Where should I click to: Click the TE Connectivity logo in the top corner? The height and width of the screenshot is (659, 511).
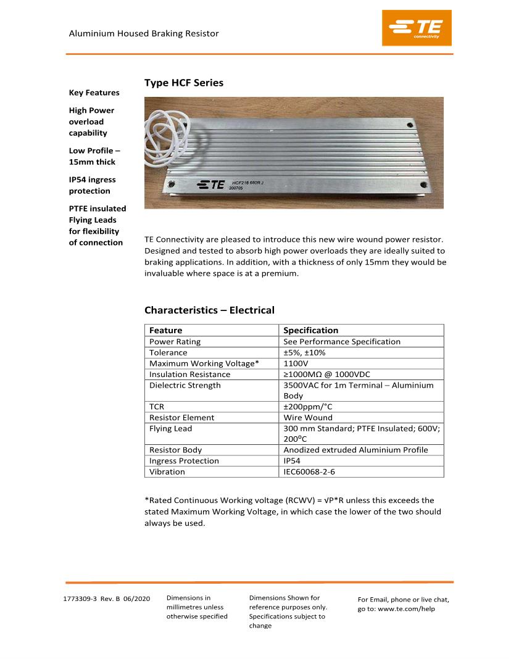[417, 28]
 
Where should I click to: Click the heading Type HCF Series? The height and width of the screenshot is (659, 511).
[184, 83]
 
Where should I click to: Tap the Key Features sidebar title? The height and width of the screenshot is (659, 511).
[94, 93]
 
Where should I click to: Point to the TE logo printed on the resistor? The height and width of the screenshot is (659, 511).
[210, 184]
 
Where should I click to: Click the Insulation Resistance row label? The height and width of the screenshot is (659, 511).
[189, 375]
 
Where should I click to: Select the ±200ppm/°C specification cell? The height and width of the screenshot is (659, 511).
[307, 407]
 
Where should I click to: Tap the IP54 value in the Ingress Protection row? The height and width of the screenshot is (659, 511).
[293, 461]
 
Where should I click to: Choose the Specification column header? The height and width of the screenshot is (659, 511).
[310, 330]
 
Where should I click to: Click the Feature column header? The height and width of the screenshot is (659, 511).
[165, 330]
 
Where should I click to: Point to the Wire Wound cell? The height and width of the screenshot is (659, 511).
[307, 418]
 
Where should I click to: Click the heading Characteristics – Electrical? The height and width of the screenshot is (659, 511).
[209, 310]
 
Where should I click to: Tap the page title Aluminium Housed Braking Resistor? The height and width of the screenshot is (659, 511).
[144, 33]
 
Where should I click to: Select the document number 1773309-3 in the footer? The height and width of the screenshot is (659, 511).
[80, 599]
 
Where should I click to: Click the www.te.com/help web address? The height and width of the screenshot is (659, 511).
[406, 609]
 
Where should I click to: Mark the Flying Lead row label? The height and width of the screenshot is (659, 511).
[170, 429]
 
